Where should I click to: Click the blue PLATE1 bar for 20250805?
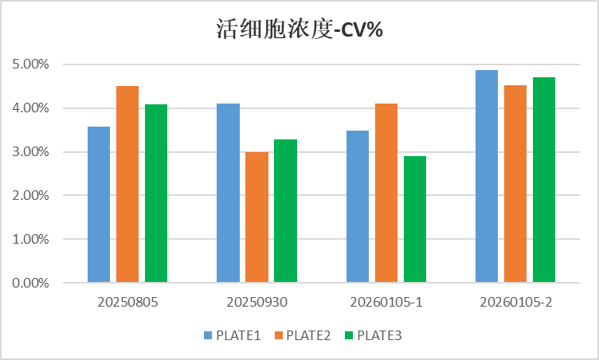[99, 205]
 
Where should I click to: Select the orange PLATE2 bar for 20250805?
[127, 184]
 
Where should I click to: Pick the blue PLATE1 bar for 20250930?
[228, 193]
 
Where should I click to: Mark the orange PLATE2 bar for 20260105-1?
[386, 193]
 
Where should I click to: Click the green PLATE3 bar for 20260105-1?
[415, 219]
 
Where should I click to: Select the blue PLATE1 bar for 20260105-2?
[487, 176]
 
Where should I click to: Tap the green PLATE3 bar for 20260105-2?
[544, 180]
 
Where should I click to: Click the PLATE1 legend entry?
[232, 335]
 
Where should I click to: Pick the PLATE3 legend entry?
[372, 335]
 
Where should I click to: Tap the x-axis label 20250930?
[256, 303]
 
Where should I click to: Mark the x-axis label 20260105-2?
[515, 303]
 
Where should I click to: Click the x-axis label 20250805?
[127, 303]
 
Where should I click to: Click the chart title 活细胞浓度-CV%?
[300, 30]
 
